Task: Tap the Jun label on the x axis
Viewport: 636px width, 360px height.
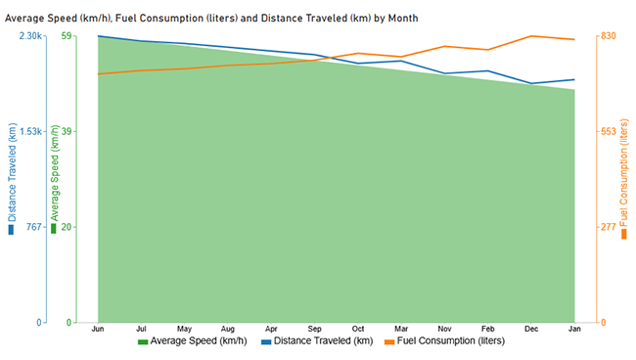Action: (98, 329)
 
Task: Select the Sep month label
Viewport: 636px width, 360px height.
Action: (314, 329)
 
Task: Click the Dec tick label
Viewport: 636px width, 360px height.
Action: (530, 329)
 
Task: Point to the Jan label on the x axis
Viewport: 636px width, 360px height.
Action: (573, 329)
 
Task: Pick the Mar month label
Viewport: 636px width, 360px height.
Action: (400, 329)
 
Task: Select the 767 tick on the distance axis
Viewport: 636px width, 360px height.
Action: (34, 227)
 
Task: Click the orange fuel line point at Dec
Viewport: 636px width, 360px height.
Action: (530, 36)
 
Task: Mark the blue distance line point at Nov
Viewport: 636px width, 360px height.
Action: (443, 73)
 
